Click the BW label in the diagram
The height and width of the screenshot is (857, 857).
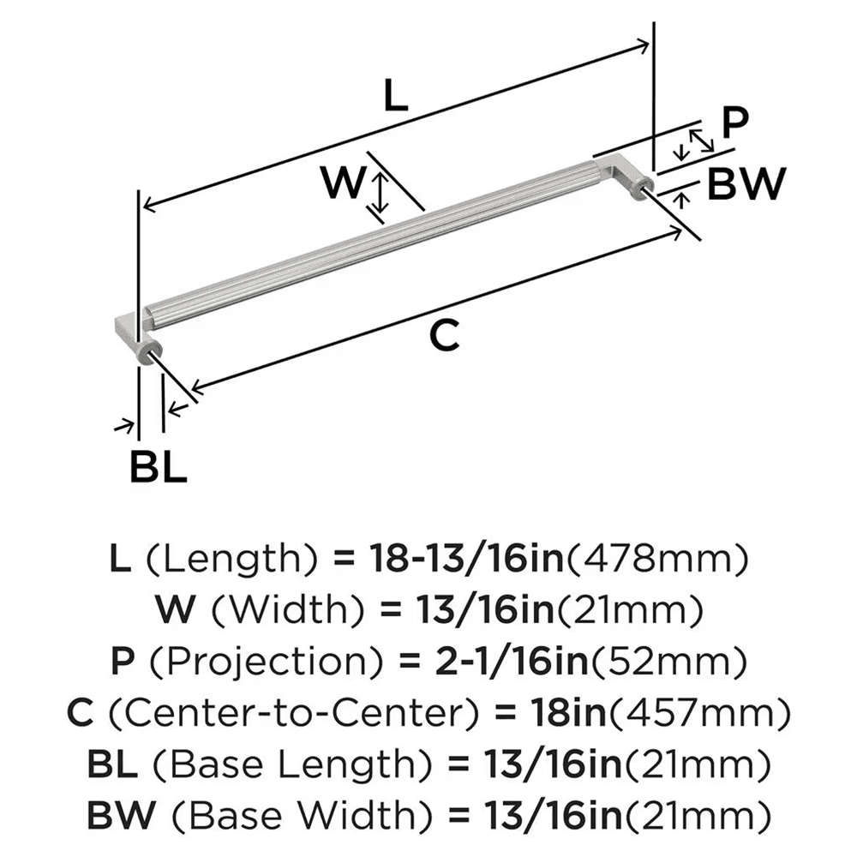click(x=746, y=183)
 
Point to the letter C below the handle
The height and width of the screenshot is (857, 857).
click(x=444, y=335)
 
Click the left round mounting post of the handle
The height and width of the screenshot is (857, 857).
click(x=150, y=352)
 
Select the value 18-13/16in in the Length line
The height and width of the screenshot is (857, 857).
click(x=465, y=561)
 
